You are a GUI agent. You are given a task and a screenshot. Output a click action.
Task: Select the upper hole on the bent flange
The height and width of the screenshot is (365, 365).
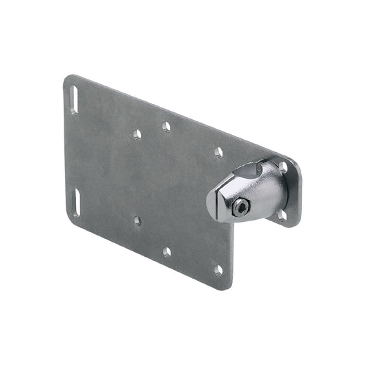tap(282, 166)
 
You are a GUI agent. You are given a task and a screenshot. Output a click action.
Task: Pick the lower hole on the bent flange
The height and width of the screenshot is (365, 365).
tap(281, 215)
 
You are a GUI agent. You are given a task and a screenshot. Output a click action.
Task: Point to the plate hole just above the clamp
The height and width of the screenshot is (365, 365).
tap(218, 152)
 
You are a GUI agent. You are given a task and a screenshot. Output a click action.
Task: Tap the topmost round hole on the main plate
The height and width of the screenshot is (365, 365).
tap(166, 126)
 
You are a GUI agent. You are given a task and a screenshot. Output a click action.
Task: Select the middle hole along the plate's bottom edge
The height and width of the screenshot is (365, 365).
tap(166, 251)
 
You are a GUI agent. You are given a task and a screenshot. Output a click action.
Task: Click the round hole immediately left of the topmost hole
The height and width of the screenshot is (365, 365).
tap(137, 134)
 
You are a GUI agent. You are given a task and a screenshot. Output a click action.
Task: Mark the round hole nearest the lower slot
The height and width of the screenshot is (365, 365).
tap(138, 221)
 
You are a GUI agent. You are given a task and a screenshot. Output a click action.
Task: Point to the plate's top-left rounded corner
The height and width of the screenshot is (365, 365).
tap(67, 80)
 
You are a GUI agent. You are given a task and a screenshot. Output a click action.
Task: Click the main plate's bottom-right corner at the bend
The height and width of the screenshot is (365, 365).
tap(229, 287)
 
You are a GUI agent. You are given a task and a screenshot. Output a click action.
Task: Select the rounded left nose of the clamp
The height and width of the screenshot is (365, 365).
tap(212, 205)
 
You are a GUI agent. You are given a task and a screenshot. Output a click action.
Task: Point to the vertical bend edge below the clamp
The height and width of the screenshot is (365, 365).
tap(231, 253)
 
